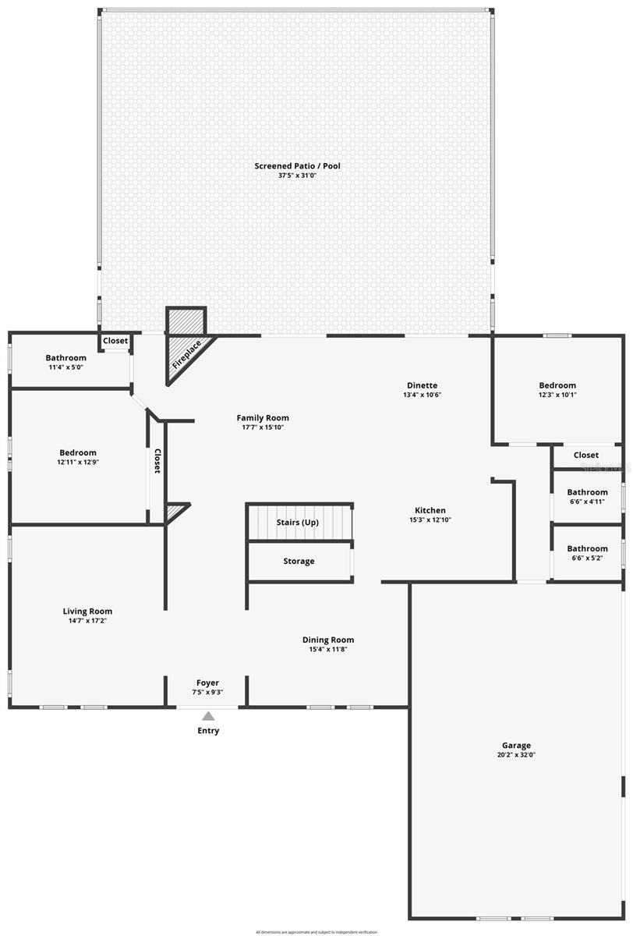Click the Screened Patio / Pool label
pos(297,166)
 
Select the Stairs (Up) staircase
pos(300,523)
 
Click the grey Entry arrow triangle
pos(208,716)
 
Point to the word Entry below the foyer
pos(208,731)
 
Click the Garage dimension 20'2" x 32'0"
pos(516,755)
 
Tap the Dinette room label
pos(422,385)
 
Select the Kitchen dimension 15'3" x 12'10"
pos(430,520)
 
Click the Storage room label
pos(299,561)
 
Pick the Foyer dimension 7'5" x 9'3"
pos(207,693)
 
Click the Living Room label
pos(87,612)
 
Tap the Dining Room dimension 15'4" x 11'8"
pos(328,650)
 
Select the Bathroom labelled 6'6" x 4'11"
pos(587,497)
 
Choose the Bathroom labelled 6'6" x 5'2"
pos(587,553)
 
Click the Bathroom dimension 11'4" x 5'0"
pos(65,367)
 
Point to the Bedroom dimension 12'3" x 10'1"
pos(557,395)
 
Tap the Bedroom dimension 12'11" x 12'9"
pos(78,462)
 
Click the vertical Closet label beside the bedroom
pos(157,461)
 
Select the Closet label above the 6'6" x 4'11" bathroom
pos(586,455)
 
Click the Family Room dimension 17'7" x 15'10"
pos(263,427)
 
